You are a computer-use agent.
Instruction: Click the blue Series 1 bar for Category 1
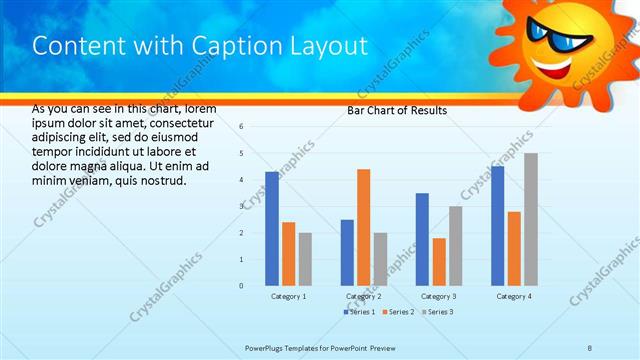(272, 228)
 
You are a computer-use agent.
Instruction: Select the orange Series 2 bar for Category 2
(363, 227)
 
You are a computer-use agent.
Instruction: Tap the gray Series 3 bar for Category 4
(531, 219)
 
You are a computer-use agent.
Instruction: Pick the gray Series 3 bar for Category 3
(455, 245)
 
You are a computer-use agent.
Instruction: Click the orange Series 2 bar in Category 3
(439, 261)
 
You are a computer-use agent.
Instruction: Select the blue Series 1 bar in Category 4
(498, 225)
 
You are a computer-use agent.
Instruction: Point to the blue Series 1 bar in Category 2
(347, 252)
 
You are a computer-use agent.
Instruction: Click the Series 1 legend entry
(360, 313)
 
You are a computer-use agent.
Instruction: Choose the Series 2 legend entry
(398, 313)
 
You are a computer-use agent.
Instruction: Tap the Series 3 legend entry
(437, 313)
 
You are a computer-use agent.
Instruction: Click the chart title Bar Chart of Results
(397, 110)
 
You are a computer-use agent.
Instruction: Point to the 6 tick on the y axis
(241, 127)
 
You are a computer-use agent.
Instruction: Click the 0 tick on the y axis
(241, 286)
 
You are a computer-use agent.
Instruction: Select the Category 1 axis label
(289, 297)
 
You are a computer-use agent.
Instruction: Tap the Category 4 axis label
(515, 297)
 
